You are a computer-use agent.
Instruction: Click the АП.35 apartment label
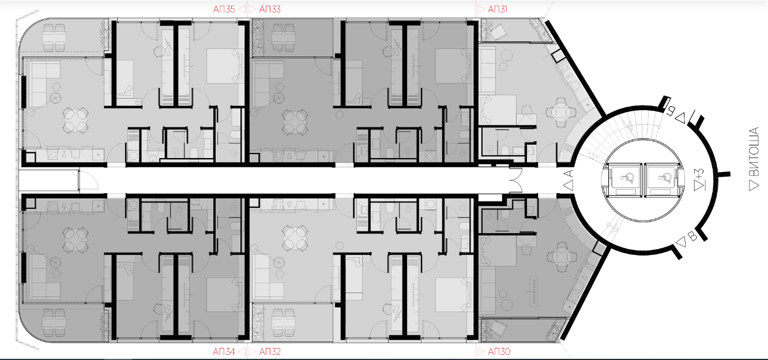[x=224, y=9]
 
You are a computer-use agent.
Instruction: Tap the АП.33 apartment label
[x=270, y=9]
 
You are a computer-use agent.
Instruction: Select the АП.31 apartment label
[x=498, y=9]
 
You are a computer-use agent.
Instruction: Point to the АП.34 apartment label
[x=224, y=351]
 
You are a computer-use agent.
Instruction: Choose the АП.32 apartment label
[x=270, y=351]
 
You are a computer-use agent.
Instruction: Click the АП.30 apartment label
[x=499, y=351]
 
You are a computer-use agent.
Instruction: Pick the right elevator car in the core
[x=662, y=180]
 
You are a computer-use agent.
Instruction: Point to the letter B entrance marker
[x=692, y=236]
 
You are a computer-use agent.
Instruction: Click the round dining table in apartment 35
[x=76, y=120]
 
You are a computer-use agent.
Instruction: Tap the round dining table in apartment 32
[x=295, y=238]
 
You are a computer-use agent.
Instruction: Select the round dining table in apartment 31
[x=561, y=112]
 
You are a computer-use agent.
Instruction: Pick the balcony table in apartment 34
[x=54, y=323]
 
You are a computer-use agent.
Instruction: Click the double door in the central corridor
[x=515, y=180]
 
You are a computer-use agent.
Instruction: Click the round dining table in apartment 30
[x=562, y=257]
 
